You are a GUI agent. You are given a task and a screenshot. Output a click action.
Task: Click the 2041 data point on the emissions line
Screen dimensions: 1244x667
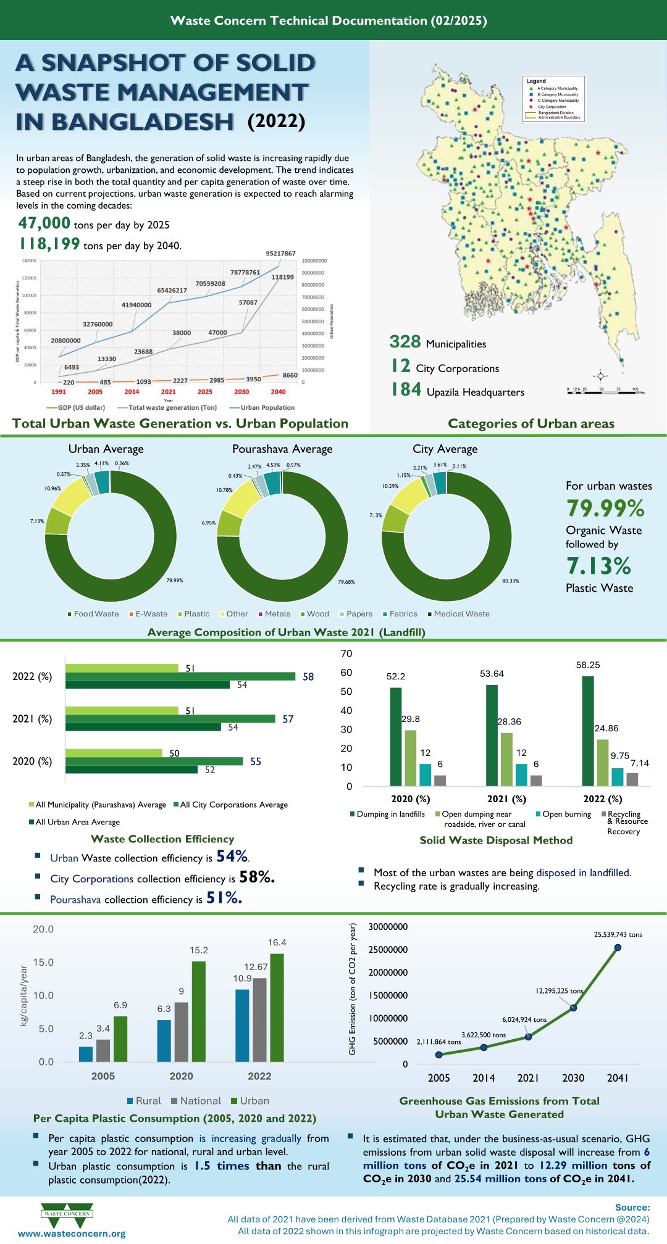coord(618,947)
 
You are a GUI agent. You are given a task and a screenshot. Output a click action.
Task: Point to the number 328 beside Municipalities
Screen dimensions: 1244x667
coord(405,342)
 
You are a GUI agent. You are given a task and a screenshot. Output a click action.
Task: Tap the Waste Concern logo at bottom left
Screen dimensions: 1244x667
coord(67,1214)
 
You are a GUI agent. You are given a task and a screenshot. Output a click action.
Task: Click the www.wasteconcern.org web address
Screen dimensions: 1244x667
coord(72,1234)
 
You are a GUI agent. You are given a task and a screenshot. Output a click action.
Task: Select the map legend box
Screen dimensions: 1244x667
coord(553,99)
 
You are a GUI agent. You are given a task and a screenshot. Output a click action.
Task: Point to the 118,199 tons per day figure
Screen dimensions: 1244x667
coord(49,244)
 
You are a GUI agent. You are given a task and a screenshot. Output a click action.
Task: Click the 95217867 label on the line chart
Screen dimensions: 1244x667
coord(280,254)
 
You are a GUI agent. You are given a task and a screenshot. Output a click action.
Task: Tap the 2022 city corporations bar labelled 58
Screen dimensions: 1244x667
coord(180,676)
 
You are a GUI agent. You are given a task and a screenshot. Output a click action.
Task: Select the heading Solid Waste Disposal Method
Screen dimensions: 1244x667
coord(496,840)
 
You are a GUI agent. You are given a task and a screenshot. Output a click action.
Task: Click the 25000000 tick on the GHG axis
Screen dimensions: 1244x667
coord(388,950)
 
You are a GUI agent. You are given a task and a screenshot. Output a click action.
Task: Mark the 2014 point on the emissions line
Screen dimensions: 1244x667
coord(484,1047)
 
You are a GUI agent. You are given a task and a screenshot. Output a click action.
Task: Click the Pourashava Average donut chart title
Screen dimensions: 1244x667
coord(282,449)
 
